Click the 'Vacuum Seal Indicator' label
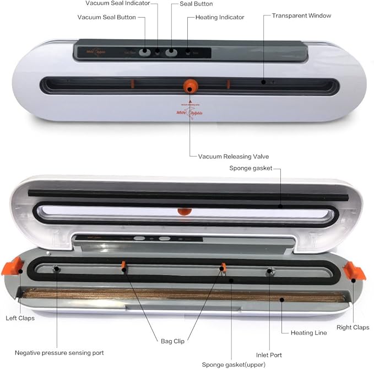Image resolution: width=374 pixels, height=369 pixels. pos(118,4)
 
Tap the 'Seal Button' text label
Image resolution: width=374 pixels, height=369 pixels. pos(196,4)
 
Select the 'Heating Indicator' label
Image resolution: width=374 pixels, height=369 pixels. pos(219,18)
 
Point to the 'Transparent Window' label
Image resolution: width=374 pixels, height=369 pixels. pos(301,15)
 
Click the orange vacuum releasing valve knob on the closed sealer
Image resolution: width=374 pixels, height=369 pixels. pos(190,85)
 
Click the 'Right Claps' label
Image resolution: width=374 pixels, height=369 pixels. pos(353,327)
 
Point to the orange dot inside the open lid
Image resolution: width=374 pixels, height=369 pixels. pos(182,211)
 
